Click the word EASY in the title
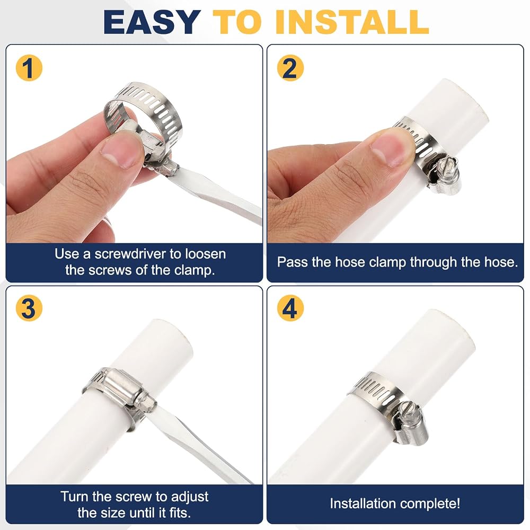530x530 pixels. point(152,22)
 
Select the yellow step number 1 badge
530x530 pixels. point(29,68)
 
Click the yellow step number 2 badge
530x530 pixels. point(290,68)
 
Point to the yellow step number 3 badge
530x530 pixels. point(29,308)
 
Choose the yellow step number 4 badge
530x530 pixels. point(290,308)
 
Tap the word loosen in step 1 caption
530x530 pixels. point(205,254)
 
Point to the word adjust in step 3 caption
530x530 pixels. point(190,497)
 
